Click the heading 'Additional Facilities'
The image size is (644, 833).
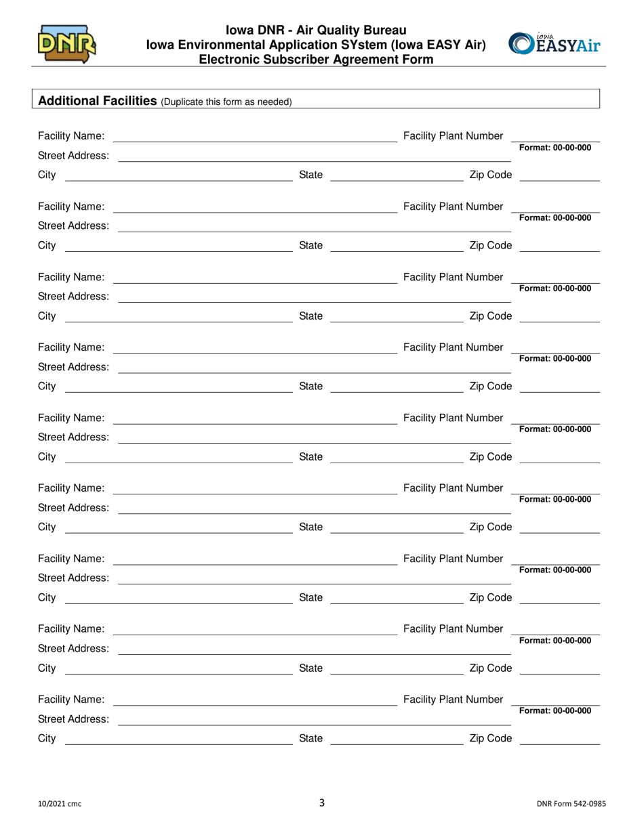98,101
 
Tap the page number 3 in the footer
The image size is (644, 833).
322,803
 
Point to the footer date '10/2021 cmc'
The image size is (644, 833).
59,805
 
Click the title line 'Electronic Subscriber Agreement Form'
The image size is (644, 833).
316,59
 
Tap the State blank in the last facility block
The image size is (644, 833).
396,741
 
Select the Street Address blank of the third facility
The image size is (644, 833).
314,299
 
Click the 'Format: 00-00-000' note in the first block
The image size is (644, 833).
555,148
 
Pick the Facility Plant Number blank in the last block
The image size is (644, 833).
556,702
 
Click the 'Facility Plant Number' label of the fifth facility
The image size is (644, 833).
453,418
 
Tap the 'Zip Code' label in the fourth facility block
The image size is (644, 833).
490,386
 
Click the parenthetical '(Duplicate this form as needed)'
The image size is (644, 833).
226,102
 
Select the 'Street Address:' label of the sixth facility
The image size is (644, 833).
73,507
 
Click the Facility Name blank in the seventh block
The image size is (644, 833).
255,561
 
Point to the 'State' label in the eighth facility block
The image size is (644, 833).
311,668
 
